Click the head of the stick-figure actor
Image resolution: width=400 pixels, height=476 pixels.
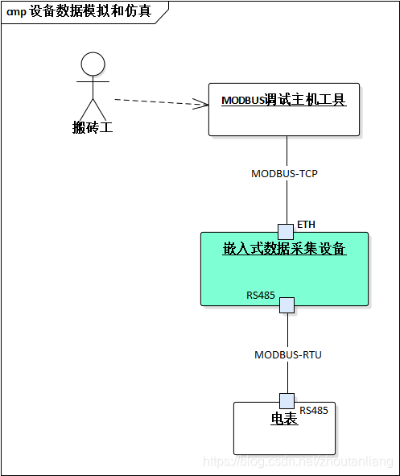93,64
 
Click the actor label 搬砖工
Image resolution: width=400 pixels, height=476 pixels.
93,127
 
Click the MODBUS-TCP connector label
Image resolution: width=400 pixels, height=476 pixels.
284,173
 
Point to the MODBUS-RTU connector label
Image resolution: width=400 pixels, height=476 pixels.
287,354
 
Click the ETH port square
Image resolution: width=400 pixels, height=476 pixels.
286,231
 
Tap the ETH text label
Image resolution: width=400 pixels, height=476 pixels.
306,224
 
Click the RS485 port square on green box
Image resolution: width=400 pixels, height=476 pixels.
287,304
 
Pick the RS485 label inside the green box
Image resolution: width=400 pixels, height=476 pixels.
261,296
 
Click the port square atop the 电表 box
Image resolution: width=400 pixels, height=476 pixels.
287,401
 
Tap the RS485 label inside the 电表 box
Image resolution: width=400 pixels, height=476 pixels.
314,411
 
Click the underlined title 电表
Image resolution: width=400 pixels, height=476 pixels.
284,420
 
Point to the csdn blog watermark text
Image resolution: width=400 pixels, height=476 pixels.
298,462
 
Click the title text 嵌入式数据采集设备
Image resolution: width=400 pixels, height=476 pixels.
284,249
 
